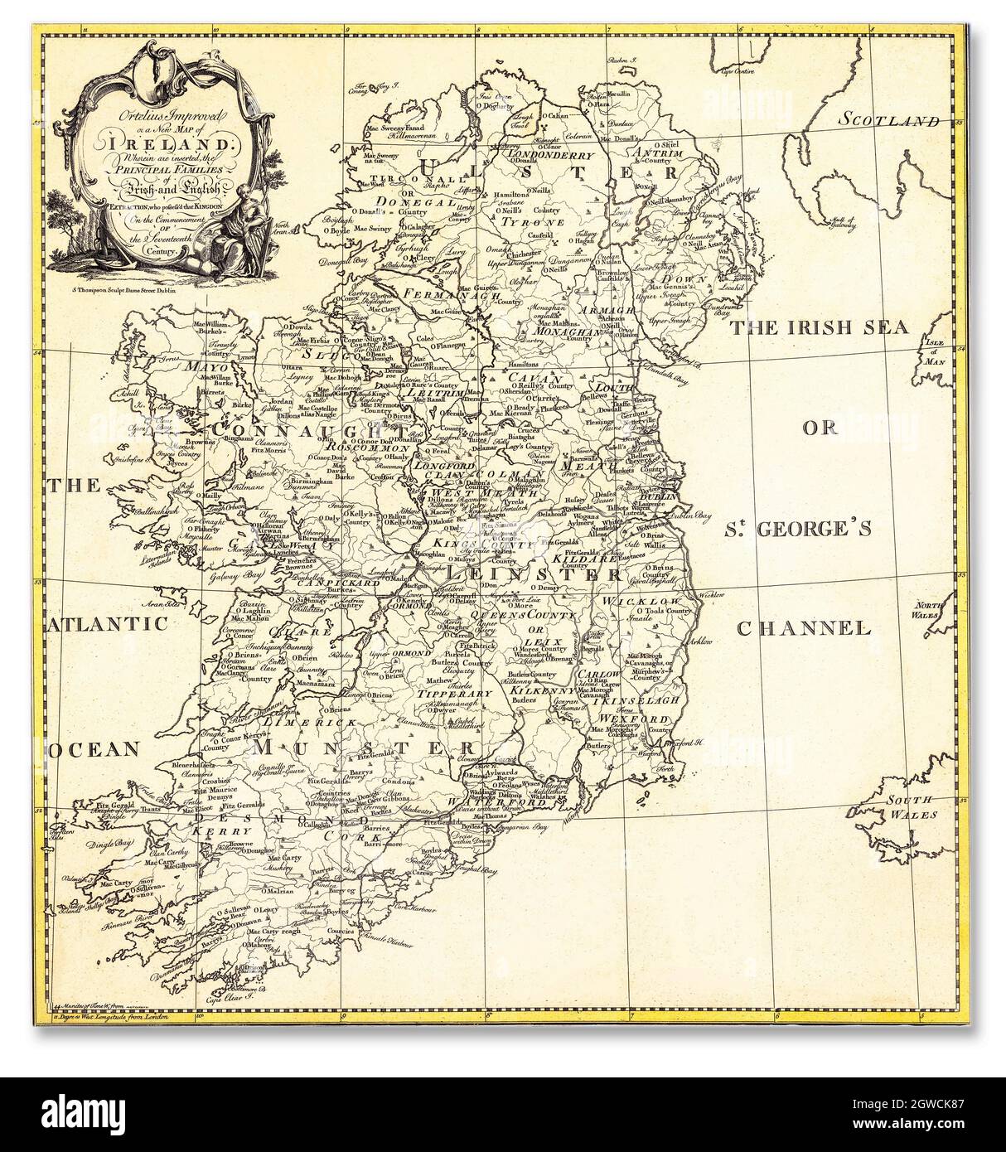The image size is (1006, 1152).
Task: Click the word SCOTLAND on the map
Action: [887, 119]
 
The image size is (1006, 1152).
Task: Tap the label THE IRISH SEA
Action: [819, 327]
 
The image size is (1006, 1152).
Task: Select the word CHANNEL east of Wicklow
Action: [816, 629]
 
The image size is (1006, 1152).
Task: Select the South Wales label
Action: [911, 806]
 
